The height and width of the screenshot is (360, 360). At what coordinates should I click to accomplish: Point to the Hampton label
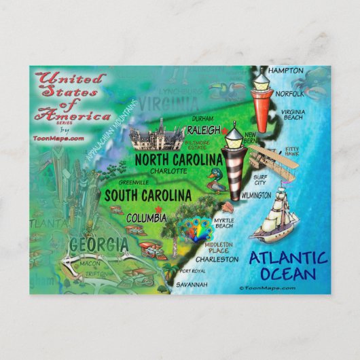pyautogui.click(x=285, y=70)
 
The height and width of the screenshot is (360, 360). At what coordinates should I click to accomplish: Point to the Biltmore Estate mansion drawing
pyautogui.click(x=157, y=136)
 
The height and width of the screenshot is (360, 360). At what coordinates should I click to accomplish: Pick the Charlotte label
pyautogui.click(x=168, y=171)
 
